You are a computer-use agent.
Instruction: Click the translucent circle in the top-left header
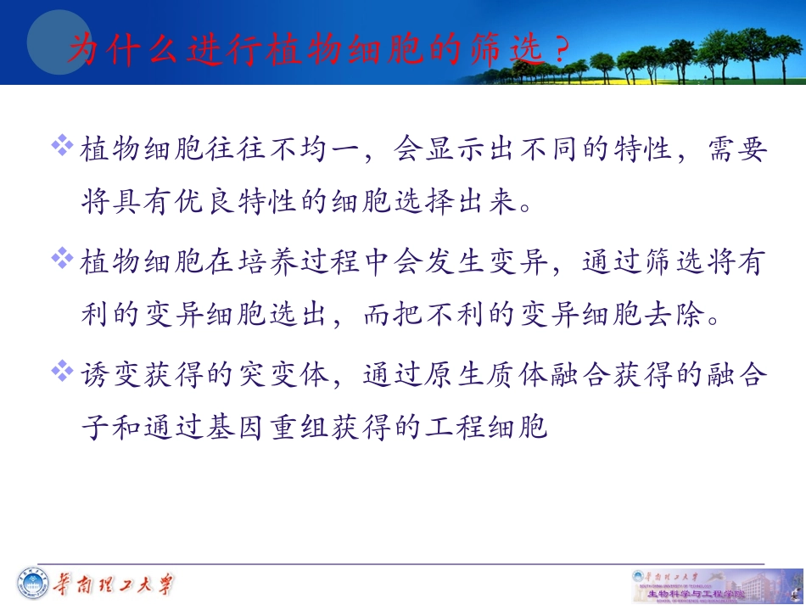click(x=58, y=41)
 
